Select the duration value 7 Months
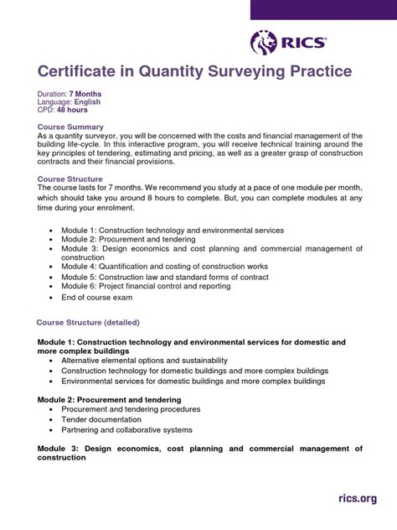(85, 94)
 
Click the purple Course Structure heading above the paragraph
(74, 179)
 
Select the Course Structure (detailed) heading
(88, 322)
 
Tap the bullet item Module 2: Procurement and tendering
(126, 239)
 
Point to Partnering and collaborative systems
(126, 429)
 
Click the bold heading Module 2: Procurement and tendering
(109, 400)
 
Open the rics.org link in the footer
(357, 500)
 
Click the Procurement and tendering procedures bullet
(131, 409)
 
